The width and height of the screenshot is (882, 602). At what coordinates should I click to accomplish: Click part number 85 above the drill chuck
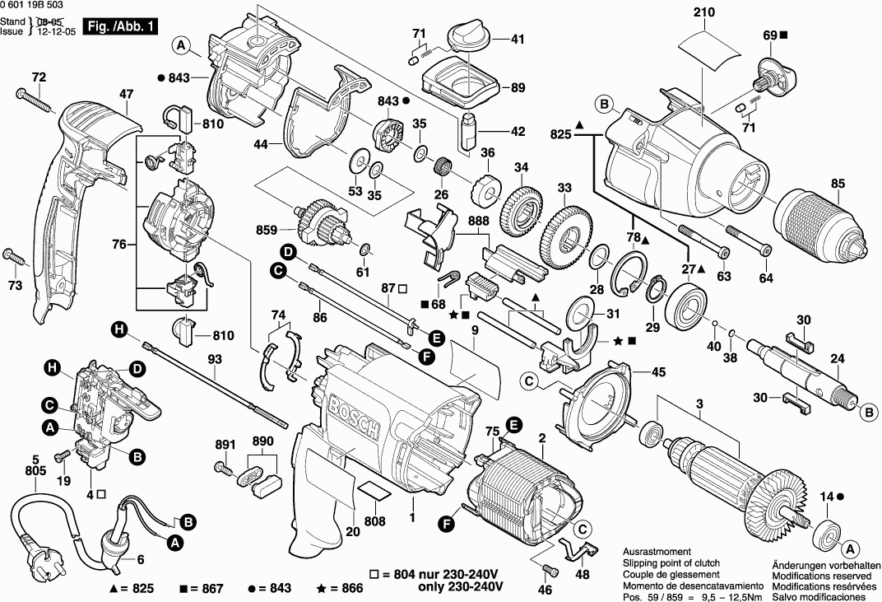tap(838, 183)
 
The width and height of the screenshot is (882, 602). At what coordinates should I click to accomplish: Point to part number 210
tap(704, 12)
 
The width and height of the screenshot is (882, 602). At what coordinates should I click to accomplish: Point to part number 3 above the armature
tap(699, 404)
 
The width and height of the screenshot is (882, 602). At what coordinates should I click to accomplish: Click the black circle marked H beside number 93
tap(120, 330)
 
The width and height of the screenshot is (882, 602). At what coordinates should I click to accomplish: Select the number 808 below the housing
tap(375, 520)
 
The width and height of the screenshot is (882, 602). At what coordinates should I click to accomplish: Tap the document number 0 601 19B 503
tap(36, 7)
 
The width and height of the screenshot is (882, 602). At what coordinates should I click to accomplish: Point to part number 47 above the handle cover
tap(125, 95)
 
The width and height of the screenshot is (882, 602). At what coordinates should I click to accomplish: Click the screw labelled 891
tap(223, 468)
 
